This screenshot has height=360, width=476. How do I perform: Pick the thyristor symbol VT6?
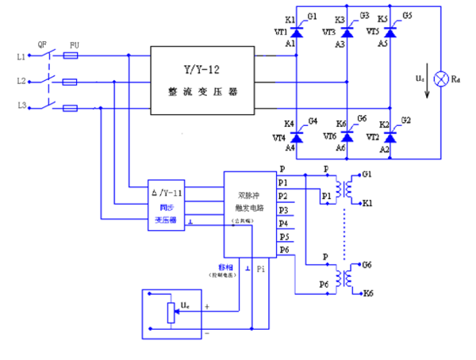pos(346,136)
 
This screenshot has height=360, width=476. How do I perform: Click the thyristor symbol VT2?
pos(390,136)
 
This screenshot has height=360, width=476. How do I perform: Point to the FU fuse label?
pos(74,44)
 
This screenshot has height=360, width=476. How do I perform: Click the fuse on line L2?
pos(71,82)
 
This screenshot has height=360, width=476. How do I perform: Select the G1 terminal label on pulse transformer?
pos(366,172)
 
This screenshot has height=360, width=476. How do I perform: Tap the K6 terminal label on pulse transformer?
pos(367,293)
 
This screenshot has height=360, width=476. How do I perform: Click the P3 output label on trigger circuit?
pos(283,209)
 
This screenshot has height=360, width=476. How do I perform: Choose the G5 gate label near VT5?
pos(407,16)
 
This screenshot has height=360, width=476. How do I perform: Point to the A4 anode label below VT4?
pos(290,147)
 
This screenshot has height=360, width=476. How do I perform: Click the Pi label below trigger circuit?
pos(263,270)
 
